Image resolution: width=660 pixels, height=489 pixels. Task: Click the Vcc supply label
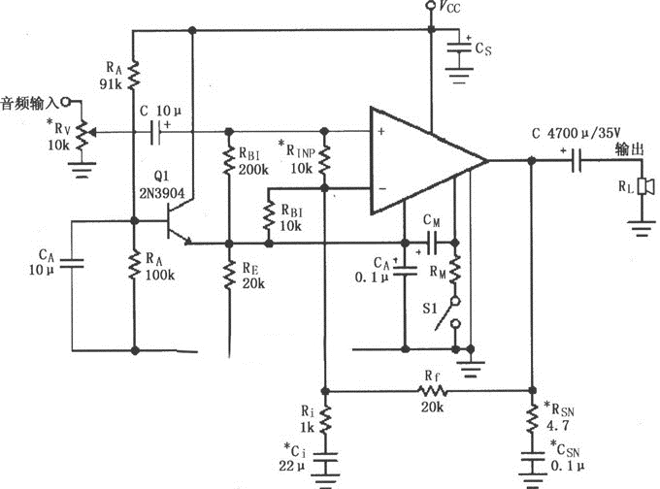[x=448, y=9]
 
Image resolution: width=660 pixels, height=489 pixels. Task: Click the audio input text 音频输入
[x=29, y=101]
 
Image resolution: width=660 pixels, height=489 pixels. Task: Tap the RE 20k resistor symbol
[x=228, y=277]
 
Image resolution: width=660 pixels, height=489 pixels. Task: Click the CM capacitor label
[x=434, y=221]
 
